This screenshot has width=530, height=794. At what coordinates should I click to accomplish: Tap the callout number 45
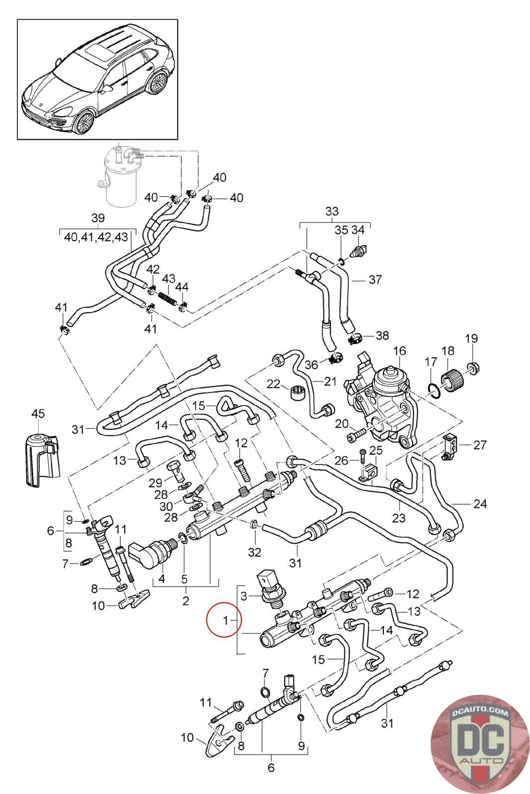pos(38,413)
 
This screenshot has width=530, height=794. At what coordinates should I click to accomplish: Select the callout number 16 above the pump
pos(400,351)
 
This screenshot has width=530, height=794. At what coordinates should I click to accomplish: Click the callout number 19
pos(471,338)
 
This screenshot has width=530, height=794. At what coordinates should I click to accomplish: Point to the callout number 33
pos(332,211)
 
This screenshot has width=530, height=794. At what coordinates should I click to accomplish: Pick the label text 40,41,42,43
pos(96,237)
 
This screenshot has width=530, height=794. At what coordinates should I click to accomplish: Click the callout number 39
pos(98,217)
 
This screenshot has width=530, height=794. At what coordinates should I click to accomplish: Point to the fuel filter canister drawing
pos(121,179)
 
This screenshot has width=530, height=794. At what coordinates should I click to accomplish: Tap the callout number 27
pos(480,444)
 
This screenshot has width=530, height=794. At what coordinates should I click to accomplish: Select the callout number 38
pos(382,336)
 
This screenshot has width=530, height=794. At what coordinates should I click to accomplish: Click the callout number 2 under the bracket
pos(185,601)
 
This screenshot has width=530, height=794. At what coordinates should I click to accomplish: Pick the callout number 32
pos(254,551)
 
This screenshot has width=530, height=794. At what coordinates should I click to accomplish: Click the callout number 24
pos(480,504)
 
